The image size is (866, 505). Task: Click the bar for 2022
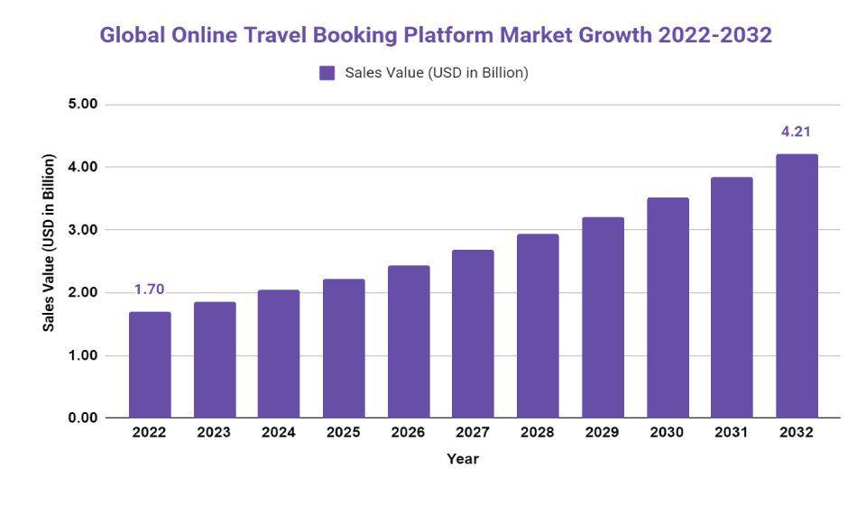150,364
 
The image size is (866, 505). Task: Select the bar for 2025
344,348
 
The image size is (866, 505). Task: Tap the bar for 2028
538,326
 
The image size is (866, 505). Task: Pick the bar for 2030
668,308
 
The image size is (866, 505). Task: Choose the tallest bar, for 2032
797,286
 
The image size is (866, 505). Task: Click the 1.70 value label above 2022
150,289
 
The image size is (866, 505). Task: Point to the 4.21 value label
797,132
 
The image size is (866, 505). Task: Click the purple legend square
327,73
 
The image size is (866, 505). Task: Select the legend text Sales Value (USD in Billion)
437,73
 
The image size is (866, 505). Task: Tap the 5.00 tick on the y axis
83,105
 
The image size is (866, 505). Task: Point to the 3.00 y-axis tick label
83,230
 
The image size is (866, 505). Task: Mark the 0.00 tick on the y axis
83,418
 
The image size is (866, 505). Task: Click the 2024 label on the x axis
279,433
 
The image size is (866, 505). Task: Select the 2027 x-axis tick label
473,433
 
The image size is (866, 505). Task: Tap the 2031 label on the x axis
732,433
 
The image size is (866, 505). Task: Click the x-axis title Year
463,459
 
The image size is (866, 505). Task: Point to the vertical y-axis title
49,243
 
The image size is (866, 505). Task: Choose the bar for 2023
215,360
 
